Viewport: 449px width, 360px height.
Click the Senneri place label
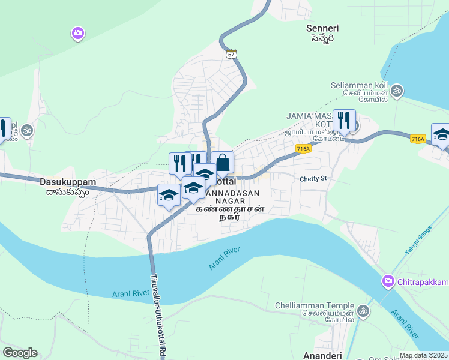click(322, 28)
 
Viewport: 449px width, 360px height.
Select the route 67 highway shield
click(232, 54)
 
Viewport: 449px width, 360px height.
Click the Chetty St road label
click(313, 179)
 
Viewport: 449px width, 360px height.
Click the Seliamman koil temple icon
click(396, 91)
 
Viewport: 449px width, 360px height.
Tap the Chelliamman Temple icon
click(362, 311)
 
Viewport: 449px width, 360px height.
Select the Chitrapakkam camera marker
click(388, 281)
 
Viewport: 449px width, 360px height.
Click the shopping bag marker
click(222, 162)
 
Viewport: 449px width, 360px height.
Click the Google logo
click(20, 353)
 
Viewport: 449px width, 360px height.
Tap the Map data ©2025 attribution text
click(424, 355)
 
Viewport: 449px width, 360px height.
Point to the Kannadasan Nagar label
click(231, 193)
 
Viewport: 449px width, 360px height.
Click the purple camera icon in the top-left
click(77, 33)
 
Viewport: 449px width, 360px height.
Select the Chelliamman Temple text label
click(315, 305)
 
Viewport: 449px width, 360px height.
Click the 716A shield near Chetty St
click(303, 148)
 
